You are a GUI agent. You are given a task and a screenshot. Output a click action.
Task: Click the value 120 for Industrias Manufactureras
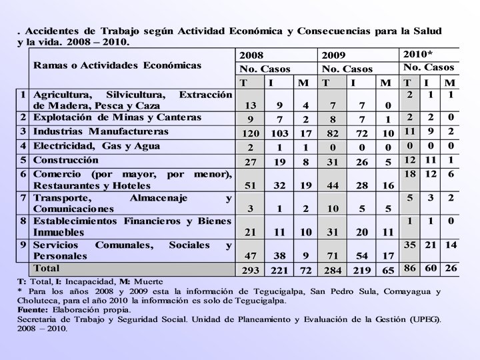[x=251, y=133]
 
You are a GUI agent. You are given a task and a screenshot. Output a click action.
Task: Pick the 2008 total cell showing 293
[x=251, y=271]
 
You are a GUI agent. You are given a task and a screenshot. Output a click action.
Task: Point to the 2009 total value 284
[x=332, y=271]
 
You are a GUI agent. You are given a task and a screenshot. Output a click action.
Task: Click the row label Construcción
[x=67, y=160]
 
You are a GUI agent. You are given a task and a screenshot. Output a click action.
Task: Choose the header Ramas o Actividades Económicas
[x=117, y=65]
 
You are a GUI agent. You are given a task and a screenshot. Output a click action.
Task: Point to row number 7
[x=23, y=197]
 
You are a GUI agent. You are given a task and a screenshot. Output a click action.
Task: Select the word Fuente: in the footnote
[x=32, y=310]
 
